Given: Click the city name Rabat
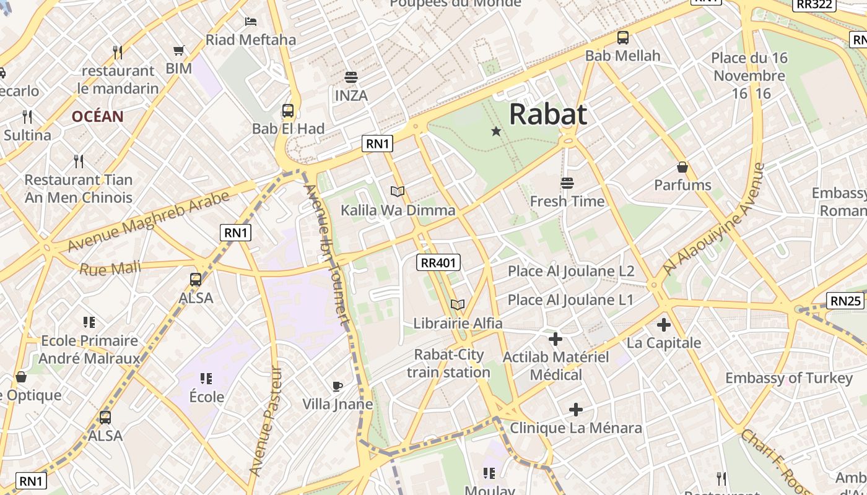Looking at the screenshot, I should pyautogui.click(x=548, y=114).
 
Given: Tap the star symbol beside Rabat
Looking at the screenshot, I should pyautogui.click(x=496, y=131).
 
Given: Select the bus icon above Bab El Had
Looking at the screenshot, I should pyautogui.click(x=288, y=111).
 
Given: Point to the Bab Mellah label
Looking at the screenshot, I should pyautogui.click(x=622, y=56).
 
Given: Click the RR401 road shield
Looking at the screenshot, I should pyautogui.click(x=438, y=262).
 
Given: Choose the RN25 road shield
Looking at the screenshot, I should pyautogui.click(x=845, y=301).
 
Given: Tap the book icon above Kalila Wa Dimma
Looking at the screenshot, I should pyautogui.click(x=398, y=192).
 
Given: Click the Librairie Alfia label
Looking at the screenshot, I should pyautogui.click(x=458, y=323).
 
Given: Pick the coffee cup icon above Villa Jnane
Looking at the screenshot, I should pyautogui.click(x=337, y=387).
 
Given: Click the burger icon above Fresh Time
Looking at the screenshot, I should pyautogui.click(x=567, y=183).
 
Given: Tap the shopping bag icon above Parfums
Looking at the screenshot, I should pyautogui.click(x=682, y=167).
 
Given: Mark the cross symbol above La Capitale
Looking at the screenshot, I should pyautogui.click(x=664, y=324).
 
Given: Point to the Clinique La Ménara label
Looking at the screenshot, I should pyautogui.click(x=575, y=428).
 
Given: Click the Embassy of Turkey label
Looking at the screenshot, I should pyautogui.click(x=788, y=378).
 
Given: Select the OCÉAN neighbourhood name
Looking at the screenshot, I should pyautogui.click(x=97, y=116).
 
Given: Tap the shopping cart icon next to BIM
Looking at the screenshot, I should pyautogui.click(x=179, y=51).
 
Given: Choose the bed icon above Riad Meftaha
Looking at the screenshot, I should pyautogui.click(x=251, y=22).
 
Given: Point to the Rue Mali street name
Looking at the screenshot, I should pyautogui.click(x=110, y=269).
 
